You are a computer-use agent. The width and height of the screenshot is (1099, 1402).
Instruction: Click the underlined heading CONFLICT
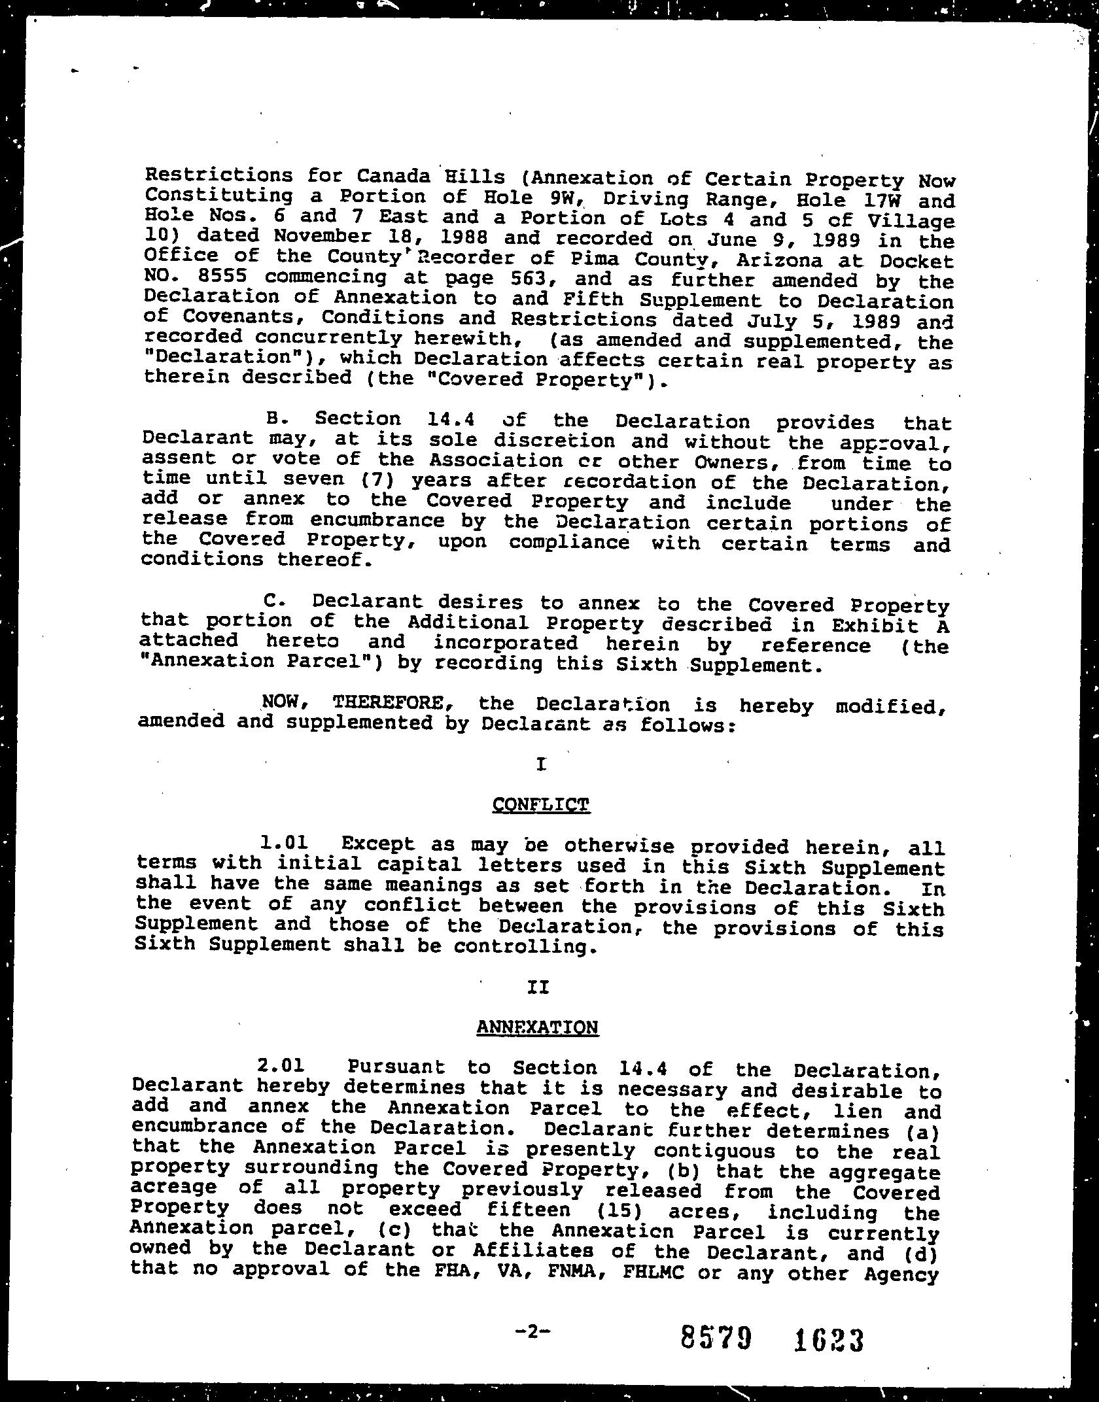coord(540,804)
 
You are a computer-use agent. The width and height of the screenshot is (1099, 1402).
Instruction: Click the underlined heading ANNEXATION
coord(536,1027)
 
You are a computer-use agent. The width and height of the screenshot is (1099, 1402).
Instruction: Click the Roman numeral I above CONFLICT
coord(540,764)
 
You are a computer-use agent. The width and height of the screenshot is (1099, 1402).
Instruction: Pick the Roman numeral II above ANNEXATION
coord(538,987)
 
